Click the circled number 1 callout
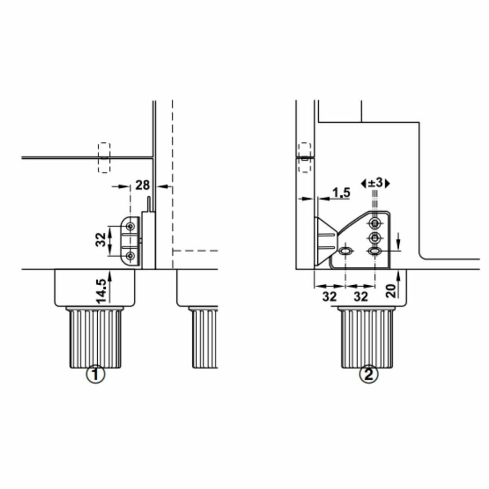95,374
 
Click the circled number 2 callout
369,374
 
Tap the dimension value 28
142,185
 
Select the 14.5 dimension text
101,291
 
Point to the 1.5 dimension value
341,193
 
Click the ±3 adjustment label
375,183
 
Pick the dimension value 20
391,291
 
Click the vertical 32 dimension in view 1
101,239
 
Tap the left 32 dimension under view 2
330,296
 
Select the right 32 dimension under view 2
361,296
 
